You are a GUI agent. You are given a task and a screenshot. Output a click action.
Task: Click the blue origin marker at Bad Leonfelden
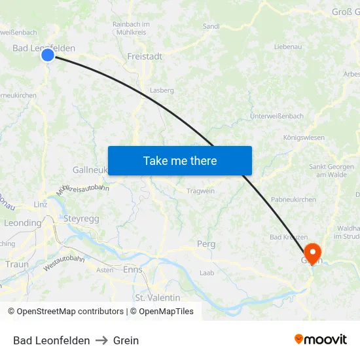point(48,55)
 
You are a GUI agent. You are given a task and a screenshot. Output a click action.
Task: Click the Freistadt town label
point(145,56)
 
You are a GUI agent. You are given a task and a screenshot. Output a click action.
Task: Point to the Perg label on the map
point(206,244)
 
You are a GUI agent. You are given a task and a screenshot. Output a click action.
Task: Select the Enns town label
point(133,270)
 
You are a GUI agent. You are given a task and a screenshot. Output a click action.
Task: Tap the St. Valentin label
point(157,297)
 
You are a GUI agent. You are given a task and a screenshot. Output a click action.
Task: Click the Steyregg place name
point(81,219)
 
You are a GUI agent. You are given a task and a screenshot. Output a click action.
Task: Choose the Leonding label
point(22,223)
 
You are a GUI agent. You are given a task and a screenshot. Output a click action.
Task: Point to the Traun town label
point(16,264)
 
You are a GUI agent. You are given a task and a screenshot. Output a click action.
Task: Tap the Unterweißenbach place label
point(277,116)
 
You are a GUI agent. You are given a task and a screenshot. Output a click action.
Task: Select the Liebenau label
point(288,47)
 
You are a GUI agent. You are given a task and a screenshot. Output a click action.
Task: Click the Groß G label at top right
point(346,12)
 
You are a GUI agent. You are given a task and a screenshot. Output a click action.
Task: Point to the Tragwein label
point(200,191)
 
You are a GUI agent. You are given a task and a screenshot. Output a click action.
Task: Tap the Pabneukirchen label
point(293,200)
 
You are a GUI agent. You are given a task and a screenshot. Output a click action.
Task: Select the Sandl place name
point(211,26)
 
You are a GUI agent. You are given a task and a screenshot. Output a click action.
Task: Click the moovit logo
point(321,339)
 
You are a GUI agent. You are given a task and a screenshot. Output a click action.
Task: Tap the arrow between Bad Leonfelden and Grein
point(101,340)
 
